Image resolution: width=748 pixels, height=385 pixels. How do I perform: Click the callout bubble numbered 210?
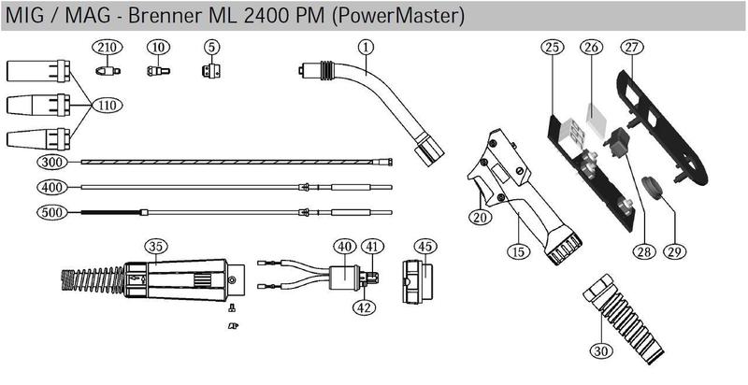[x=106, y=47]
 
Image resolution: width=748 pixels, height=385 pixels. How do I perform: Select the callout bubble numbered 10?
[x=157, y=47]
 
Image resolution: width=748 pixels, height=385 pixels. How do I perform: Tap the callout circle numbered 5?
[x=212, y=47]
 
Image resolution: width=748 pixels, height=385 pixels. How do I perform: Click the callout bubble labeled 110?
[x=106, y=106]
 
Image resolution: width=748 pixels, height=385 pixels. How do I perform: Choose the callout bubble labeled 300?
[x=52, y=162]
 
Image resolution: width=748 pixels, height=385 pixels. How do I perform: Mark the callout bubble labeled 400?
[x=52, y=188]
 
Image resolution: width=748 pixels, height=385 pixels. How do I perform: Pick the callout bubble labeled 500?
[x=52, y=213]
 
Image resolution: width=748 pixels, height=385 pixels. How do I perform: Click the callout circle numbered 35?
[x=155, y=246]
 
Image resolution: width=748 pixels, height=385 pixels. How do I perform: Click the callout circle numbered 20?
[x=481, y=217]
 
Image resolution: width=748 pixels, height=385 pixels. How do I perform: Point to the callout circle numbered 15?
[x=518, y=250]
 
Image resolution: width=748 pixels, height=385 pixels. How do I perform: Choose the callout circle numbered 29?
[x=672, y=251]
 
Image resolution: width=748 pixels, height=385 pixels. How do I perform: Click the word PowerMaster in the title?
[x=410, y=16]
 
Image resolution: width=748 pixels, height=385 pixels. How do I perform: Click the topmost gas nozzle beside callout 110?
[x=36, y=72]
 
